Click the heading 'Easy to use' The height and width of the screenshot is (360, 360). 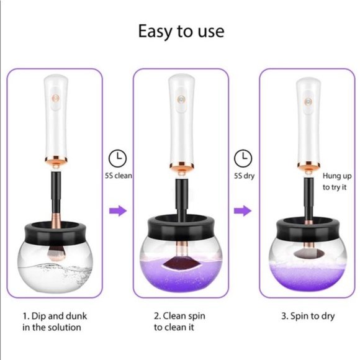(x=181, y=32)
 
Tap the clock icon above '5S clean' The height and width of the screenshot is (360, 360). (x=117, y=159)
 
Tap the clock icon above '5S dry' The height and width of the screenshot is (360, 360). (x=243, y=158)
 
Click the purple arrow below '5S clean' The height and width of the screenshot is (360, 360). (x=118, y=210)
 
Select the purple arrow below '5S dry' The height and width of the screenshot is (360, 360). (x=243, y=210)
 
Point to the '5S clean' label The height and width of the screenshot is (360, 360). (x=119, y=176)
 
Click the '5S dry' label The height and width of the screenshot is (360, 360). (x=245, y=176)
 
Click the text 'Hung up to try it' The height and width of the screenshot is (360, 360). (x=337, y=182)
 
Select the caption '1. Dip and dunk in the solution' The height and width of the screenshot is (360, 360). (x=55, y=322)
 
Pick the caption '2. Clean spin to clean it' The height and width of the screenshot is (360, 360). (x=179, y=322)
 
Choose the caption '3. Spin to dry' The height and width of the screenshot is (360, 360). (x=308, y=316)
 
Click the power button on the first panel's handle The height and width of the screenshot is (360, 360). (x=56, y=98)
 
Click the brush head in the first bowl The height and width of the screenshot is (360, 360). (x=56, y=254)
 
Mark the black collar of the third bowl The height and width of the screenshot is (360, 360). (x=308, y=229)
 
